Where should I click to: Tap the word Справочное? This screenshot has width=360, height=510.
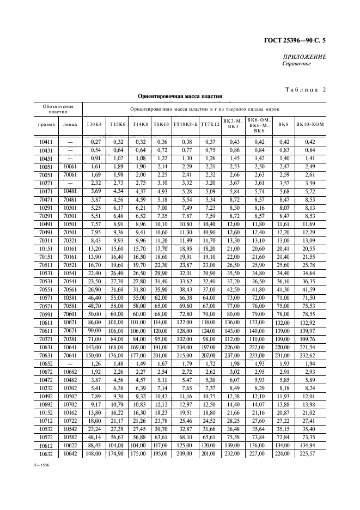296,64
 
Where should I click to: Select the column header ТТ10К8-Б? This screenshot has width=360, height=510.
185,124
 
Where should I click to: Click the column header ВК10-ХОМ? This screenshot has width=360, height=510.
309,124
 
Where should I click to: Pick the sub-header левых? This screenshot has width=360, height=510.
70,124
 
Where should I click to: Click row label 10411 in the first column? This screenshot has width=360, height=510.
46,142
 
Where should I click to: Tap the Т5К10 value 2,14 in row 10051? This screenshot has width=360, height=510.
160,166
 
